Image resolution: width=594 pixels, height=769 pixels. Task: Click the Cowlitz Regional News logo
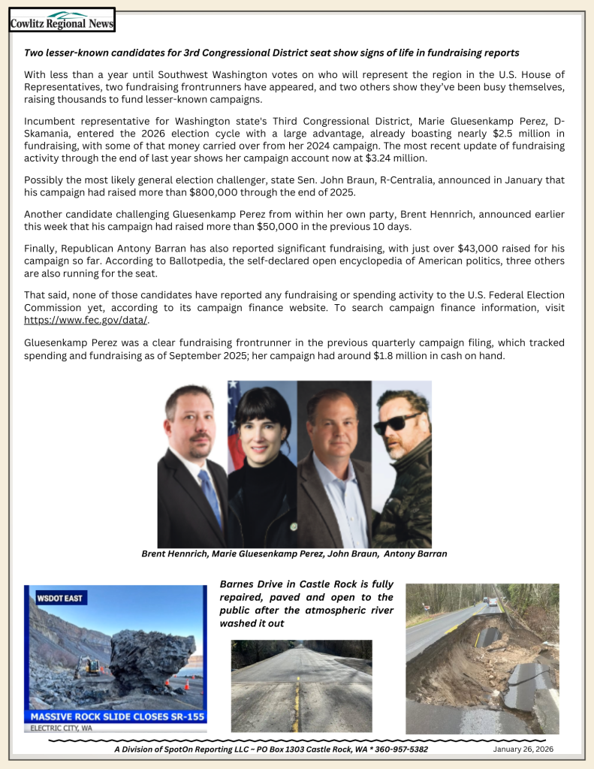(x=62, y=20)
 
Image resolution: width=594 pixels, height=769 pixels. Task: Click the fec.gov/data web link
(x=86, y=320)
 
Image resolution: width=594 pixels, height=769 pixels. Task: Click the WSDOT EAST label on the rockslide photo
(x=61, y=599)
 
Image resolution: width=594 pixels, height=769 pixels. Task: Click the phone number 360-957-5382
(x=401, y=749)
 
